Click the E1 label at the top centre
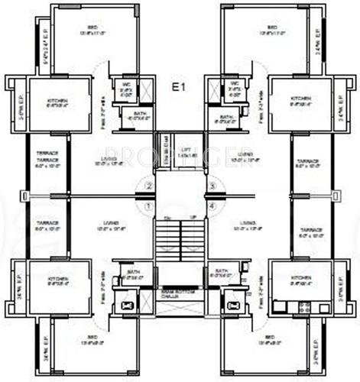pos(179,89)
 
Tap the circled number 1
pos(150,206)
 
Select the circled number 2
pos(150,185)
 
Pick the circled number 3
pos(212,185)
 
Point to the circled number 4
pos(212,206)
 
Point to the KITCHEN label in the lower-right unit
pos(300,277)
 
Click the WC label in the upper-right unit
pos(232,83)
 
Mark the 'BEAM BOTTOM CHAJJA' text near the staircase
pos(180,293)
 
